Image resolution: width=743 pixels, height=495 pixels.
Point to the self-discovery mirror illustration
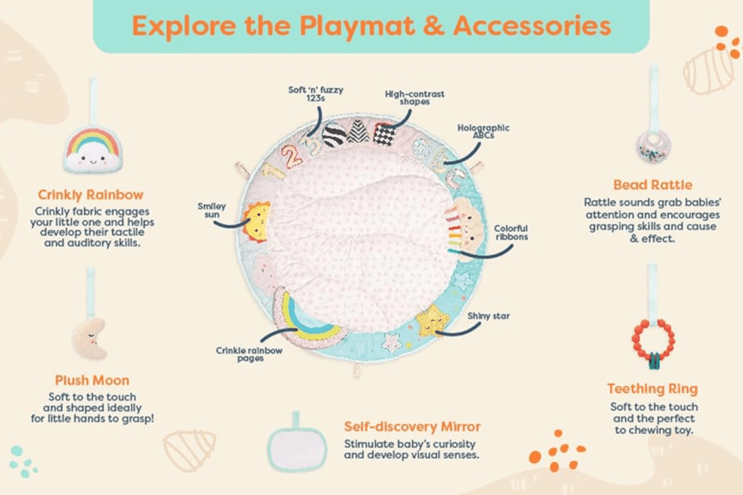(x=295, y=446)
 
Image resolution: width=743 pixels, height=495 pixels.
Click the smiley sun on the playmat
(x=257, y=222)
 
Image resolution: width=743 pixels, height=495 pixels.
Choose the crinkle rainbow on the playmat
(x=303, y=323)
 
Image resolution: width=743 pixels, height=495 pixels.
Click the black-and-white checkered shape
(x=385, y=134)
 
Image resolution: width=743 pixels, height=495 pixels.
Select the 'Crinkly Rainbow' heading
(x=91, y=194)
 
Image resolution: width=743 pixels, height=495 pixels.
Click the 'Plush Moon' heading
(x=92, y=380)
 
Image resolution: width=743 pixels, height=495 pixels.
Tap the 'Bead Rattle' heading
(x=652, y=185)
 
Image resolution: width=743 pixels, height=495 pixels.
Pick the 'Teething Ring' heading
(x=652, y=388)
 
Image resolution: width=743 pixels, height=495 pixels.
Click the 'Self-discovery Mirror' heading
(x=412, y=426)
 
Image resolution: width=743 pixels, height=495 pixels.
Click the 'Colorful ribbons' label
(x=511, y=232)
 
